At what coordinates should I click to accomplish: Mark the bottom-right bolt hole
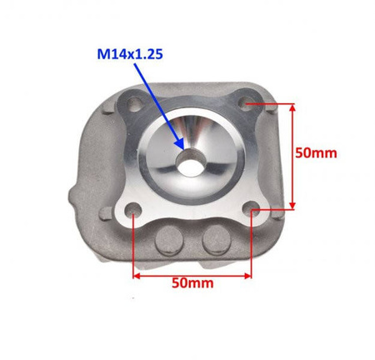[253, 212]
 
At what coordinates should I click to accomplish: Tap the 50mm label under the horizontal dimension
[192, 283]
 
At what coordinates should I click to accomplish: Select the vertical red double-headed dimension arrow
[292, 157]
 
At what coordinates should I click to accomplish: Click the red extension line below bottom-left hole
[133, 246]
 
